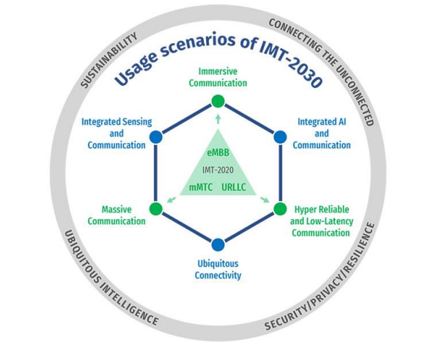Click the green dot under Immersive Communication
[218, 101]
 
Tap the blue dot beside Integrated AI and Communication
[280, 137]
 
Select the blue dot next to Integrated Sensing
[156, 137]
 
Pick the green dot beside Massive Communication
[156, 209]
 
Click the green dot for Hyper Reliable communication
[280, 209]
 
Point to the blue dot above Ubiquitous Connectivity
[218, 244]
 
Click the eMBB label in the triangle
[218, 153]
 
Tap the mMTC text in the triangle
[201, 187]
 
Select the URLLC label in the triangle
[234, 187]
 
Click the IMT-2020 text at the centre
[218, 170]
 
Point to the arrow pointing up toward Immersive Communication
[218, 119]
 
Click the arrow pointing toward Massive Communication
[172, 199]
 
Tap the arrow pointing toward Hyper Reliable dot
[265, 199]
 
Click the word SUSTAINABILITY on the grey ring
[109, 60]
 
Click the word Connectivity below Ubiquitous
[218, 275]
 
